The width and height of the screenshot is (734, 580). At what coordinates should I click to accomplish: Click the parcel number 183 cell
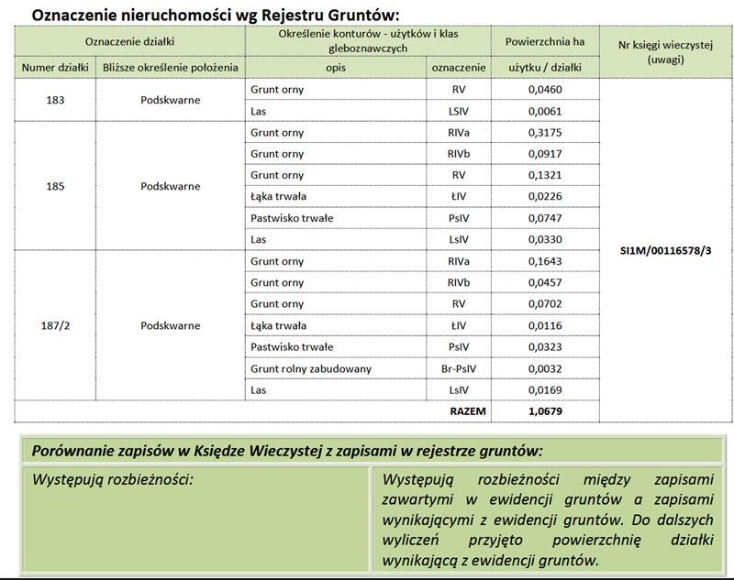pyautogui.click(x=54, y=101)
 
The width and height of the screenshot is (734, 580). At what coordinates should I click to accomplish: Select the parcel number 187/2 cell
pyautogui.click(x=54, y=325)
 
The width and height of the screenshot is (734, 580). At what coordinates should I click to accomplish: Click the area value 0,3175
pyautogui.click(x=545, y=133)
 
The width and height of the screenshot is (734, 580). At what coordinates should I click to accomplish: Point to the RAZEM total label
pyautogui.click(x=468, y=411)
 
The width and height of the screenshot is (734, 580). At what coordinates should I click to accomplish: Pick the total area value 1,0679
pyautogui.click(x=545, y=411)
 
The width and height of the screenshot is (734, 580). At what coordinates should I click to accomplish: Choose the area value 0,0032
pyautogui.click(x=545, y=368)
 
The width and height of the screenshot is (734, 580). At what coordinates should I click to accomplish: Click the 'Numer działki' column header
pyautogui.click(x=54, y=68)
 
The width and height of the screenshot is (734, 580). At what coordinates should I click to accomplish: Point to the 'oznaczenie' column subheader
pyautogui.click(x=459, y=68)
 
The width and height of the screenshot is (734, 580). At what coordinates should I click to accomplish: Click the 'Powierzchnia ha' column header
pyautogui.click(x=545, y=42)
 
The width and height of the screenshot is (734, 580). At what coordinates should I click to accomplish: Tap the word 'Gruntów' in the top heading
pyautogui.click(x=364, y=14)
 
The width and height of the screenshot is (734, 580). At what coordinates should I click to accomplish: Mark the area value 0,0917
pyautogui.click(x=545, y=154)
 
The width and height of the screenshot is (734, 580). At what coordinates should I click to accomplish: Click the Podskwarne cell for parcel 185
pyautogui.click(x=170, y=186)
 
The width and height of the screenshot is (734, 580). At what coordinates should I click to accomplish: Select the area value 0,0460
pyautogui.click(x=545, y=91)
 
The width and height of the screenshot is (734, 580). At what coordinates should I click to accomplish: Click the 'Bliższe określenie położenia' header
pyautogui.click(x=170, y=68)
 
